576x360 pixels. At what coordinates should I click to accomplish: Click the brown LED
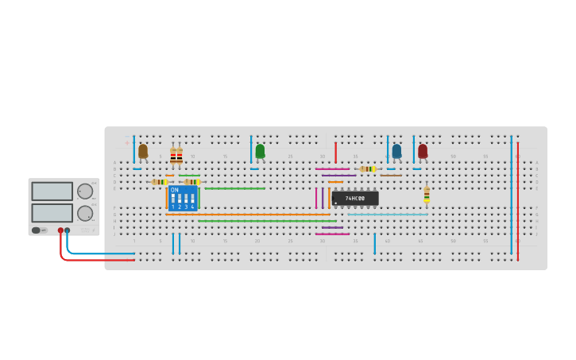(x=143, y=150)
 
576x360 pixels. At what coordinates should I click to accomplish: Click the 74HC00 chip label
(x=355, y=198)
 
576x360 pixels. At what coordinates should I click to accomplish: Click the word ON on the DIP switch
(x=175, y=190)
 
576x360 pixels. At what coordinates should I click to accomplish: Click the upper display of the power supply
(x=52, y=191)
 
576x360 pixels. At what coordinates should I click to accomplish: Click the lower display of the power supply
(x=52, y=212)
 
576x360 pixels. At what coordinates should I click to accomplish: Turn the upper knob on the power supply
(x=85, y=191)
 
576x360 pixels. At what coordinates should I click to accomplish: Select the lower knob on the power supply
(x=85, y=213)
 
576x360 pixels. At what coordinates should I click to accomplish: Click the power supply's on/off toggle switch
(x=37, y=230)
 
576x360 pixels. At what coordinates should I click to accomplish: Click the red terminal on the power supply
(x=60, y=230)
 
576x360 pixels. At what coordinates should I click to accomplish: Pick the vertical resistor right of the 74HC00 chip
(x=427, y=194)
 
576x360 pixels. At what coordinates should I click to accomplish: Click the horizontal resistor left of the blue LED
(x=367, y=168)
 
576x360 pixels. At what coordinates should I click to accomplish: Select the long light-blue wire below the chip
(x=388, y=215)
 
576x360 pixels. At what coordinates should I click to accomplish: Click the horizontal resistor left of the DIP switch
(x=160, y=182)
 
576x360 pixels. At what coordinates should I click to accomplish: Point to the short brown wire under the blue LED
(x=391, y=176)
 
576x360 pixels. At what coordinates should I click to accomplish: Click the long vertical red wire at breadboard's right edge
(x=518, y=199)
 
